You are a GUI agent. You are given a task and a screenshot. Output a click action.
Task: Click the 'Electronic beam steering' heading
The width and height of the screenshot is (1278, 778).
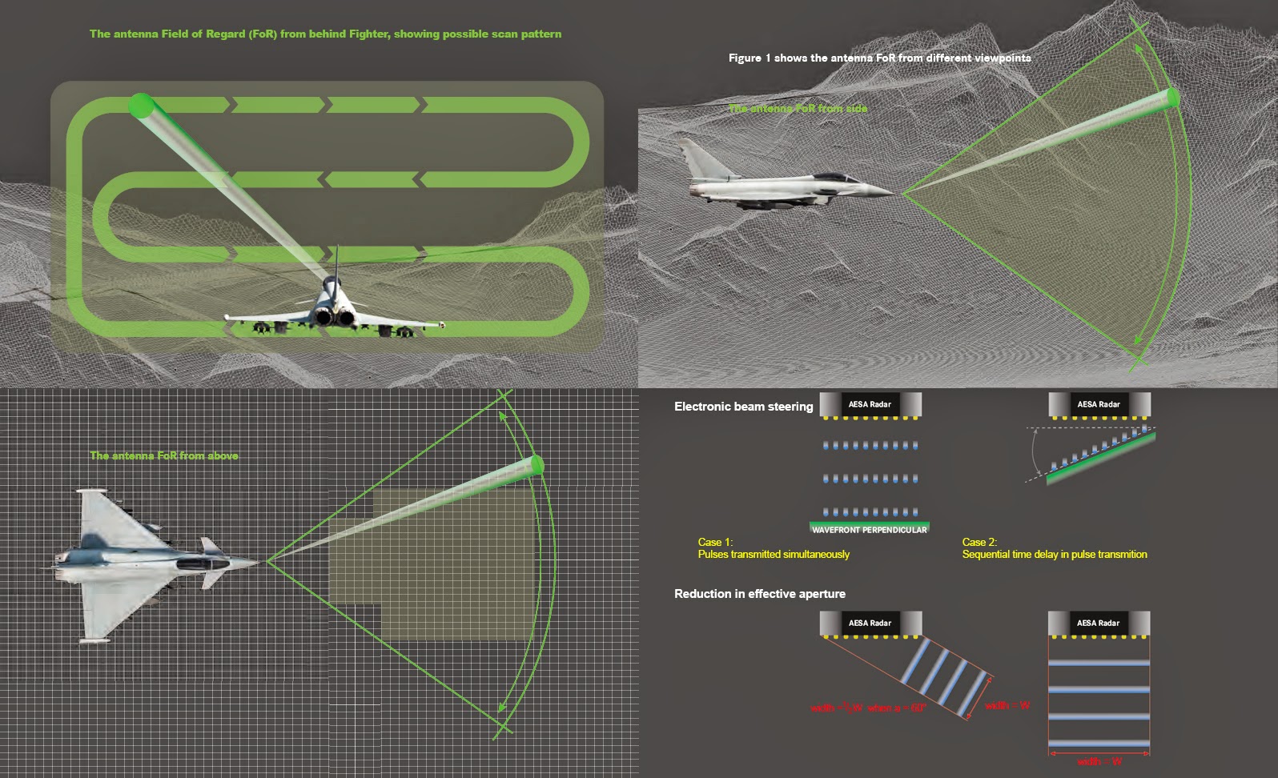[743, 407]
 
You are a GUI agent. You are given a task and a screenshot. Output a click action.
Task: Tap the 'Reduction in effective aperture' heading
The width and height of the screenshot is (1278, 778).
[759, 594]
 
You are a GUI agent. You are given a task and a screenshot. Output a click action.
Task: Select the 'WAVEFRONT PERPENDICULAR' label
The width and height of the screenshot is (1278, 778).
[869, 530]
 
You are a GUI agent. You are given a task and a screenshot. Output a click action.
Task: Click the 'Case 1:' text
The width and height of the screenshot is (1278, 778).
[715, 542]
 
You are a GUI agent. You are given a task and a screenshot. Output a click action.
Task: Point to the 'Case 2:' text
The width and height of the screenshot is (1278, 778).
[979, 542]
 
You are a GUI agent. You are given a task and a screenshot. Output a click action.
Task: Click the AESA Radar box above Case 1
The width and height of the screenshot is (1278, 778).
[870, 404]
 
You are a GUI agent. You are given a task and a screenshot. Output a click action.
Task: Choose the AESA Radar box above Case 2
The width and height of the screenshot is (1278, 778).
[1099, 404]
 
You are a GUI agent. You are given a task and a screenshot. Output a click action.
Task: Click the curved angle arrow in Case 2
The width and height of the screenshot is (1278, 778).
[1035, 454]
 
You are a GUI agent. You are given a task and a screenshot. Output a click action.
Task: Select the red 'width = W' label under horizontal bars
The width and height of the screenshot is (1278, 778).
[1099, 761]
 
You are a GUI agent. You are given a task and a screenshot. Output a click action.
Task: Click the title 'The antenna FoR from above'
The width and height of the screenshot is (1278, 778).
[164, 455]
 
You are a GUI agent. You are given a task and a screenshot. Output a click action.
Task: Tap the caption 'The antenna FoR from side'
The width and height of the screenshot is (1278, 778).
[798, 108]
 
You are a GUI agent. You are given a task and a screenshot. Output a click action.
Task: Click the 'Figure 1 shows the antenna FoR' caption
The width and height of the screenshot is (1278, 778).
[879, 58]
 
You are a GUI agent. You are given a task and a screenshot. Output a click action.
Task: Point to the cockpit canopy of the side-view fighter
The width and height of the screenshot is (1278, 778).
[831, 177]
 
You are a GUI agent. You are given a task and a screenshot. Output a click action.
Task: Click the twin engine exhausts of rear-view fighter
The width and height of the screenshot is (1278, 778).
[335, 318]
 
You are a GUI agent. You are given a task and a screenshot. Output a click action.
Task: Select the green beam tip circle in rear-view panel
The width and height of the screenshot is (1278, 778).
[141, 105]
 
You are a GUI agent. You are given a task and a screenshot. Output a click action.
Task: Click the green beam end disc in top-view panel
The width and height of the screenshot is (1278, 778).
[537, 465]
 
